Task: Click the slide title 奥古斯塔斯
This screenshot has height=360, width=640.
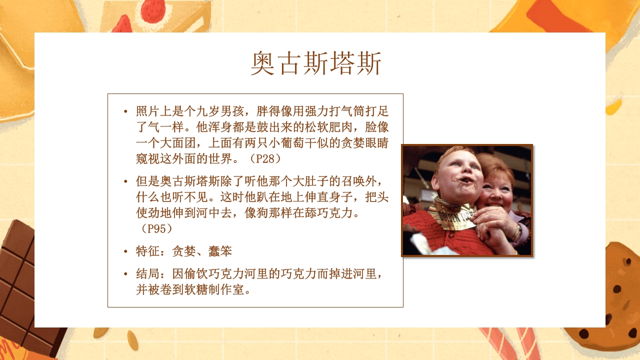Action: pos(316,64)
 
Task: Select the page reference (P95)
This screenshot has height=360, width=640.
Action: pos(156,228)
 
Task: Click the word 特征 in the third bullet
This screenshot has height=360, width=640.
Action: pos(147,251)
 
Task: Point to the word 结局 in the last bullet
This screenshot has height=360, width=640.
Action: pos(147,274)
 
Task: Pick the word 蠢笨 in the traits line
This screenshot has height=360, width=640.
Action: pos(220,251)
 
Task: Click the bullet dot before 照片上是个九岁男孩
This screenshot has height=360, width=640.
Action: pos(125,111)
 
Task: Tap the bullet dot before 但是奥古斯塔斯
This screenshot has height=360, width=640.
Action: pos(125,180)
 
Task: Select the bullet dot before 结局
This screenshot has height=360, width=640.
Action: pos(125,275)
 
